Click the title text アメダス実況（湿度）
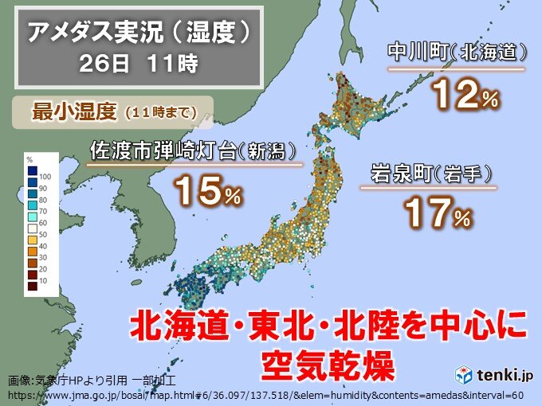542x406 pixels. pyautogui.click(x=136, y=33)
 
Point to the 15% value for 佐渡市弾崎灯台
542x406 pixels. pyautogui.click(x=206, y=192)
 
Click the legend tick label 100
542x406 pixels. pyautogui.click(x=45, y=175)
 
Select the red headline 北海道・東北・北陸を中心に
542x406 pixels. pyautogui.click(x=328, y=326)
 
